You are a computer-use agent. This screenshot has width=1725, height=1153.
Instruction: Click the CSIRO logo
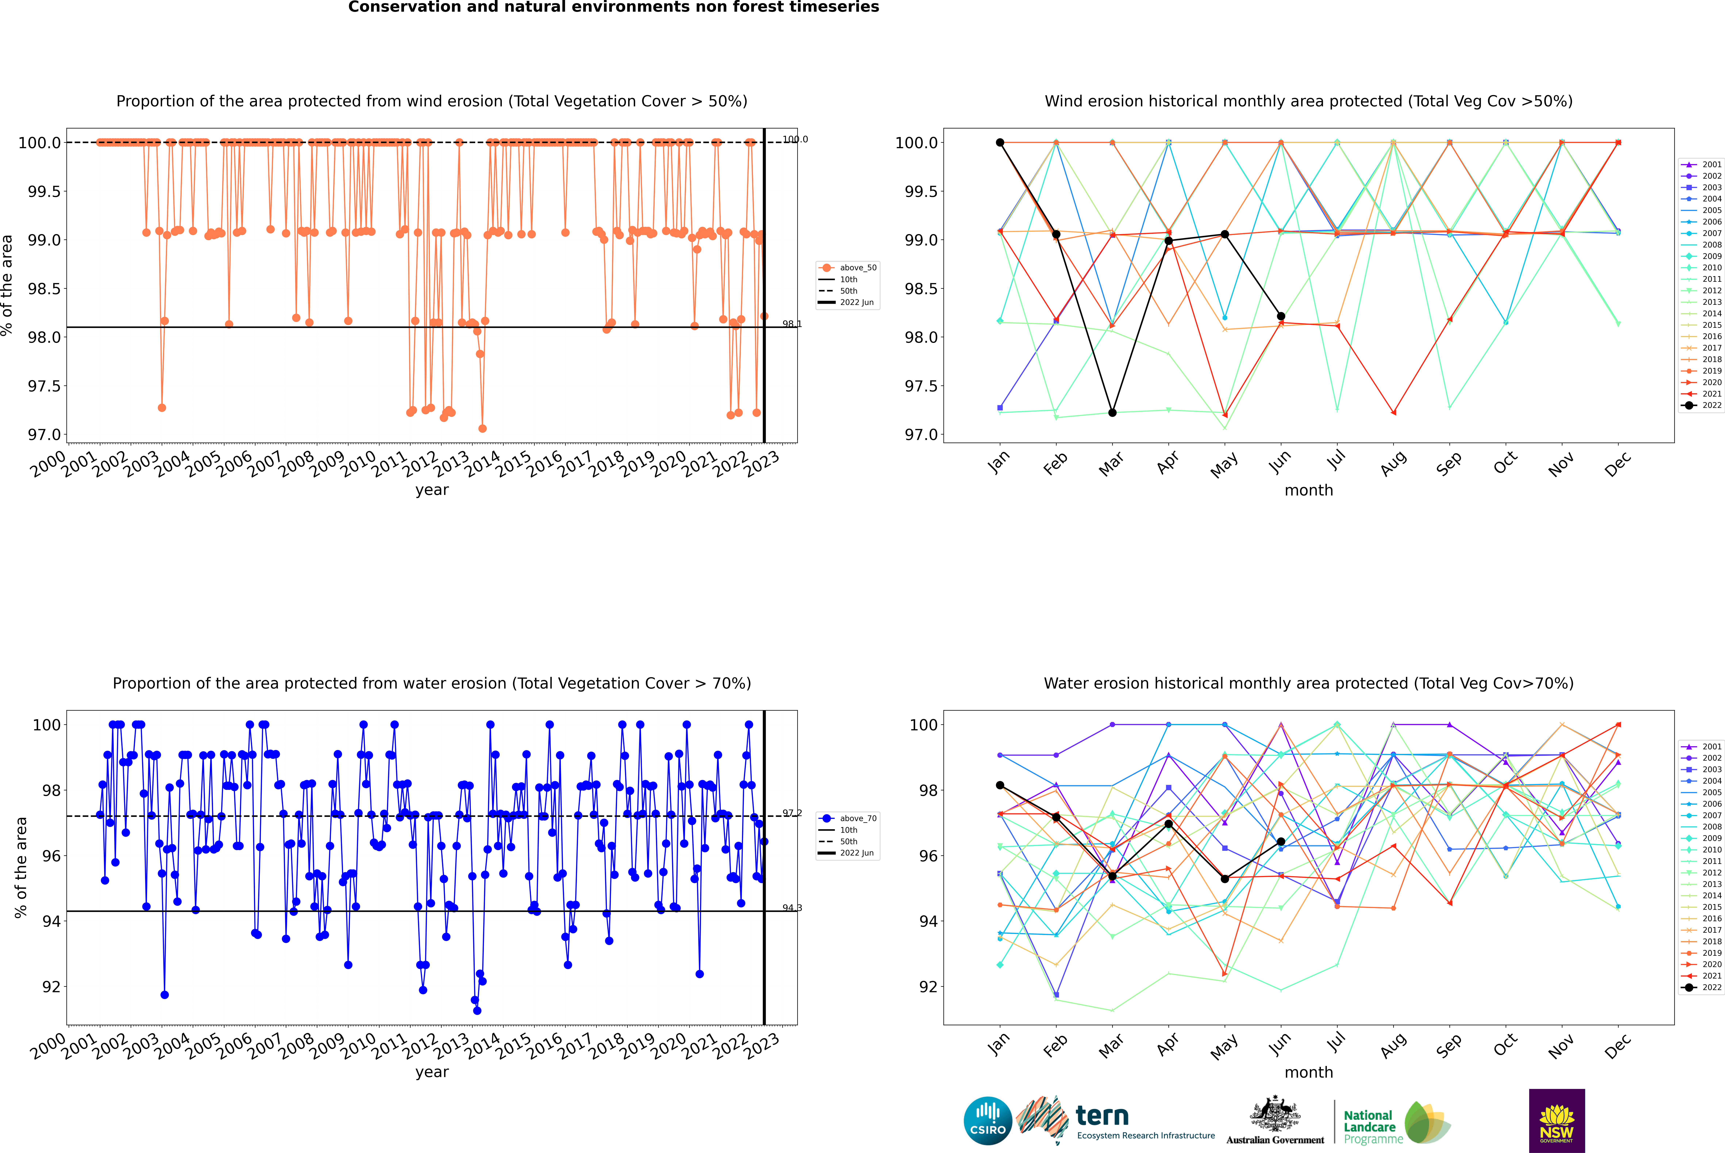tap(988, 1121)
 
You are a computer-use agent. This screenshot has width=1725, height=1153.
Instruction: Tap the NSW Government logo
tap(1557, 1121)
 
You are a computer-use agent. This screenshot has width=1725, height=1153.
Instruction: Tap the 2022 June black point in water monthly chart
tap(1281, 841)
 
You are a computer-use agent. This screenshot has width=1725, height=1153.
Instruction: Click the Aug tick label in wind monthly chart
tap(1393, 463)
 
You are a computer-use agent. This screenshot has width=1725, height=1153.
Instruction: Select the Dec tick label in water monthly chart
tap(1618, 1046)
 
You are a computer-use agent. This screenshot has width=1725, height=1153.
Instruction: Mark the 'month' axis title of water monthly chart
tap(1308, 1072)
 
